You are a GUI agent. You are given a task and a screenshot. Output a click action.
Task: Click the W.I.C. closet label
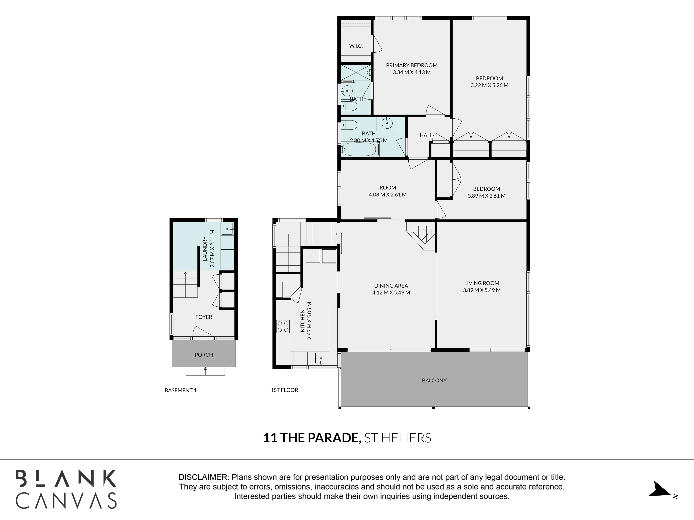pyautogui.click(x=356, y=46)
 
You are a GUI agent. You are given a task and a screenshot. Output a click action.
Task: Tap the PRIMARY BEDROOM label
pyautogui.click(x=412, y=65)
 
